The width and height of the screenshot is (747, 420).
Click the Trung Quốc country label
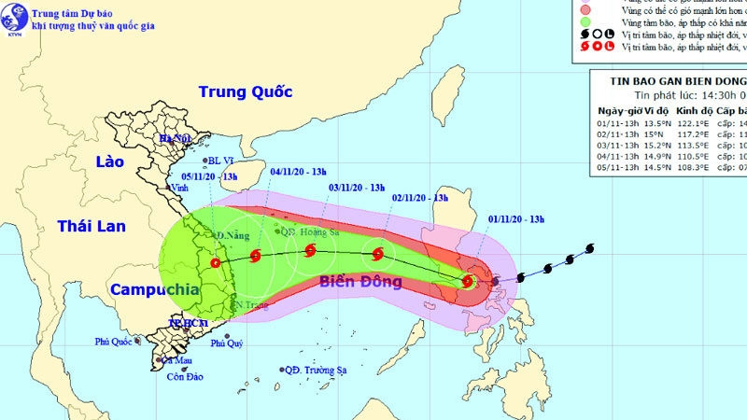pyautogui.click(x=245, y=91)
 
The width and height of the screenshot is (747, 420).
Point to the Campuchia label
pyautogui.click(x=155, y=289)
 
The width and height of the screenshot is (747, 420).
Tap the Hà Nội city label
pyautogui.click(x=175, y=139)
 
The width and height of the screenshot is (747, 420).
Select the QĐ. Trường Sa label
pyautogui.click(x=316, y=370)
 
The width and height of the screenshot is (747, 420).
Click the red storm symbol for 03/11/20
pyautogui.click(x=310, y=249)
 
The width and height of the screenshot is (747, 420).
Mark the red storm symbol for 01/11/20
pyautogui.click(x=468, y=281)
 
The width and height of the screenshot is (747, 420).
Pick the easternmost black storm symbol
pyautogui.click(x=589, y=248)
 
